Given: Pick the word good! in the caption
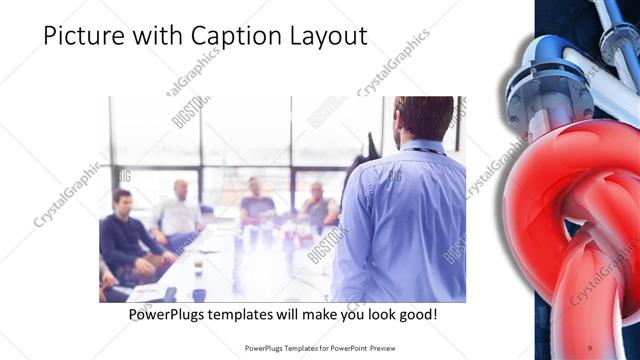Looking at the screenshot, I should (x=414, y=315).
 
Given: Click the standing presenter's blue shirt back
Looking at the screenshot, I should (x=405, y=220).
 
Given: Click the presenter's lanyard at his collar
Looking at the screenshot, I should (x=420, y=147).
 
